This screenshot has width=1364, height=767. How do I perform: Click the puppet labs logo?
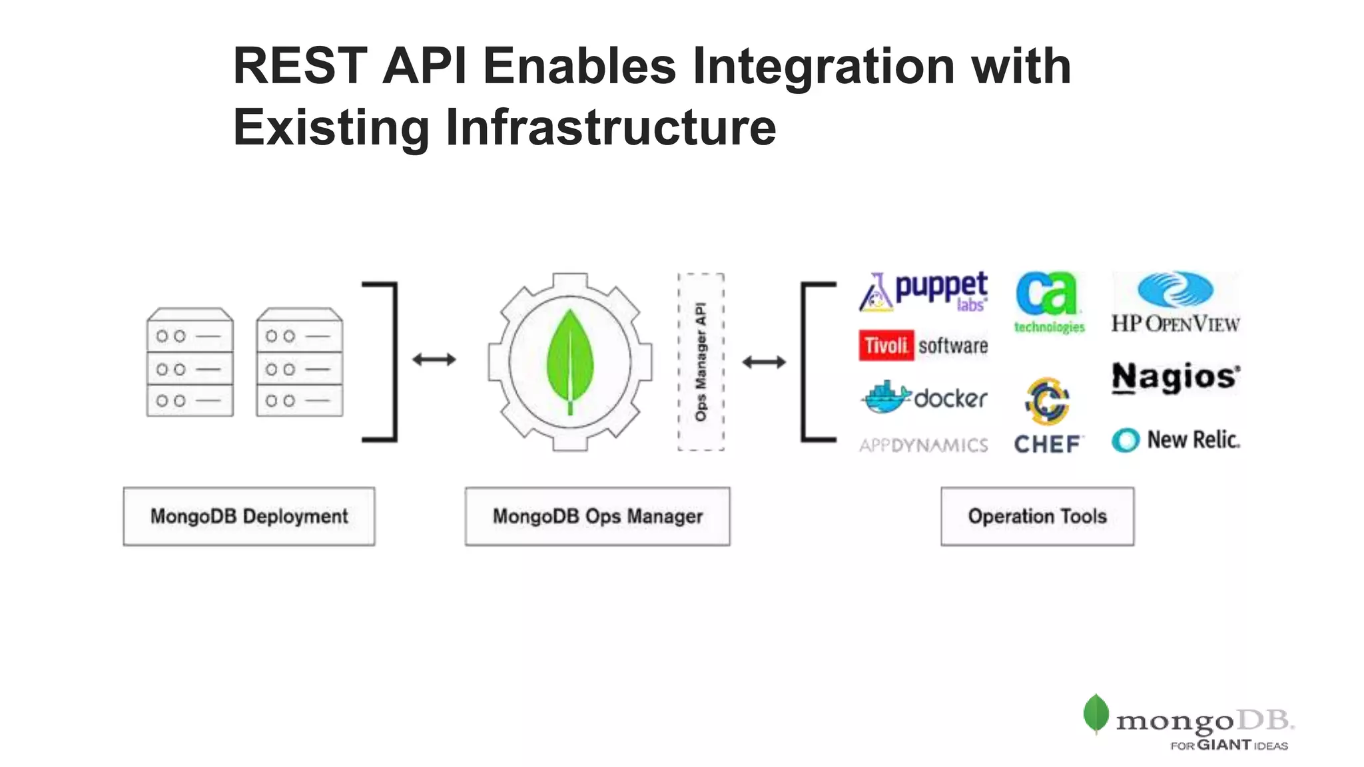click(x=923, y=292)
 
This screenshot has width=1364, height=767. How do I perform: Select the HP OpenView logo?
click(x=1176, y=302)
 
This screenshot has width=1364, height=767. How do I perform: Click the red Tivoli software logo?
click(x=922, y=346)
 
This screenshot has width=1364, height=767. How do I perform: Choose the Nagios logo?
click(x=1176, y=377)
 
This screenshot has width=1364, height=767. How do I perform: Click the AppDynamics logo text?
click(x=923, y=445)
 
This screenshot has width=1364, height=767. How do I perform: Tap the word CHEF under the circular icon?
click(x=1047, y=444)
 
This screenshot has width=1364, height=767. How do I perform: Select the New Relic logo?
click(x=1176, y=440)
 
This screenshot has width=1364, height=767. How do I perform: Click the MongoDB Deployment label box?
click(x=249, y=516)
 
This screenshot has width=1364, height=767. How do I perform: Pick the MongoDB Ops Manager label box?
click(x=597, y=516)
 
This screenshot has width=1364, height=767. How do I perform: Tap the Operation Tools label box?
click(x=1037, y=516)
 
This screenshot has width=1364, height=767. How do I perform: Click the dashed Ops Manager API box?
click(x=701, y=362)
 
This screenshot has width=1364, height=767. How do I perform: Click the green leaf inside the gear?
click(x=569, y=360)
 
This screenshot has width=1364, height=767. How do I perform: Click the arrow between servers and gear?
click(x=434, y=360)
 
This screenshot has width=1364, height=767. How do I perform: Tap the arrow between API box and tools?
click(x=764, y=362)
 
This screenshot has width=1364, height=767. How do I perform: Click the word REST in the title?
click(x=300, y=66)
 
